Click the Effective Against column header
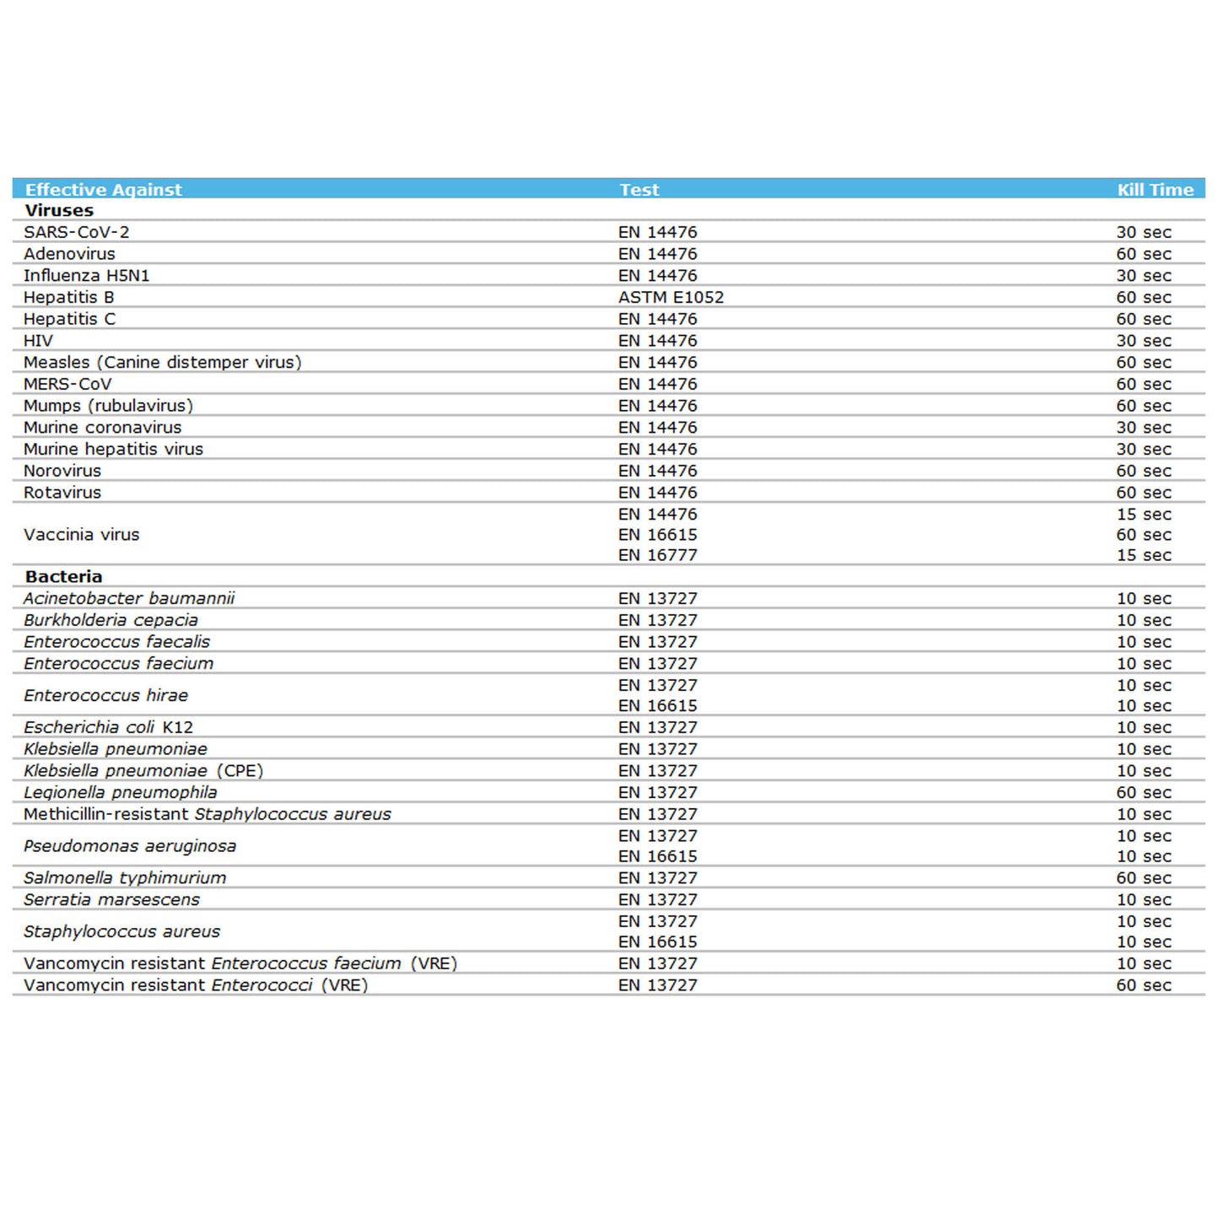click(x=104, y=190)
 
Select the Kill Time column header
click(x=1155, y=190)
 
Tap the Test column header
click(x=639, y=190)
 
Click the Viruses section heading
click(x=59, y=211)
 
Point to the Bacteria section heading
click(x=63, y=577)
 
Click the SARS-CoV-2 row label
click(x=77, y=232)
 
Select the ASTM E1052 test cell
click(x=671, y=297)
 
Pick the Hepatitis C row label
click(x=69, y=319)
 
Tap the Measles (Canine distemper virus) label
click(x=162, y=362)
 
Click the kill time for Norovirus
click(x=1144, y=471)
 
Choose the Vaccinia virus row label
click(x=81, y=535)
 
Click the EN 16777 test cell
click(x=657, y=555)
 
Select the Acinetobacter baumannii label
click(x=129, y=599)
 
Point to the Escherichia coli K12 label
click(x=108, y=727)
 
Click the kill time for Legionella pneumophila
click(x=1144, y=792)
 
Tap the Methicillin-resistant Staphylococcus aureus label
click(x=208, y=814)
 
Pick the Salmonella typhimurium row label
click(x=125, y=878)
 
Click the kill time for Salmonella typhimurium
click(x=1144, y=878)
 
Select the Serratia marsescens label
click(x=111, y=900)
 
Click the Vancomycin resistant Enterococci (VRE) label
click(x=196, y=985)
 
